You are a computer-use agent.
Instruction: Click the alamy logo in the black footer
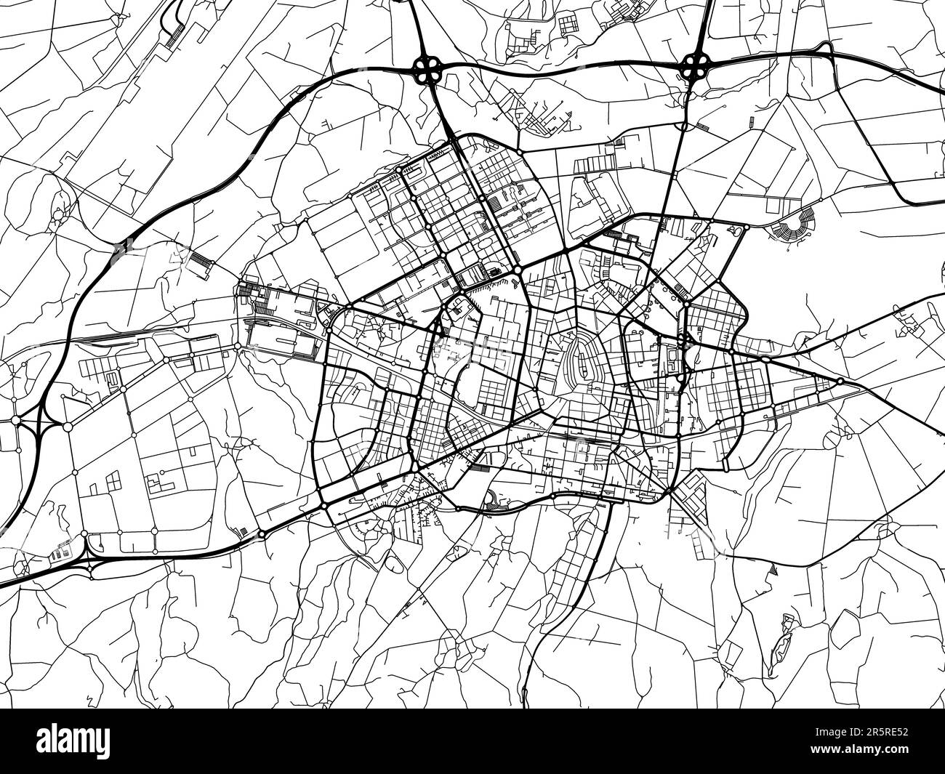pos(76,741)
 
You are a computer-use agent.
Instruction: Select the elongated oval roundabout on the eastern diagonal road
pos(766,360)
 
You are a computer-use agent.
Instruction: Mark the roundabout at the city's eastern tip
pos(840,381)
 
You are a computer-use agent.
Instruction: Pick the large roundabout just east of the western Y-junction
pos(68,426)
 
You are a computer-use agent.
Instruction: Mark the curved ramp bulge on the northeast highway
pos(826,50)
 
